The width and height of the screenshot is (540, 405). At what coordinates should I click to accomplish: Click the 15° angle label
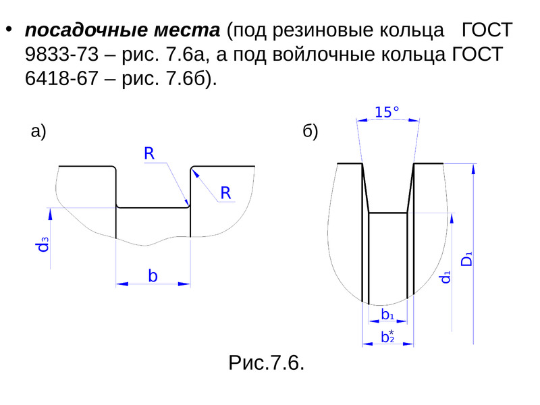pyautogui.click(x=387, y=112)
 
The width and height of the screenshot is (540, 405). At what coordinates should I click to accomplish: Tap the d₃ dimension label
pyautogui.click(x=43, y=244)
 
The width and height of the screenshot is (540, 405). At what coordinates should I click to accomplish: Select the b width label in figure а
pyautogui.click(x=153, y=276)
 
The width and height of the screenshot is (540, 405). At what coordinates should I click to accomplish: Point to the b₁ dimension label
pyautogui.click(x=387, y=314)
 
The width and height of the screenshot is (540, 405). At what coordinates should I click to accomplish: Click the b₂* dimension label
pyautogui.click(x=387, y=336)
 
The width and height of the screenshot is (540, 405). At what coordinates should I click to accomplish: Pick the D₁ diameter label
pyautogui.click(x=466, y=259)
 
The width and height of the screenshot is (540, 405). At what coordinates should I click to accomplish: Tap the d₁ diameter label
pyautogui.click(x=446, y=277)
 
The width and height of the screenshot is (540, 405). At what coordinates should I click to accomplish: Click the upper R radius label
pyautogui.click(x=149, y=153)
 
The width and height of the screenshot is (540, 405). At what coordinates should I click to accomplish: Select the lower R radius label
pyautogui.click(x=225, y=193)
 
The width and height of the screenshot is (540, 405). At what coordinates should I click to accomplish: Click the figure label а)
pyautogui.click(x=38, y=132)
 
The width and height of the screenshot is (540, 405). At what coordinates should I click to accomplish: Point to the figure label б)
pyautogui.click(x=310, y=132)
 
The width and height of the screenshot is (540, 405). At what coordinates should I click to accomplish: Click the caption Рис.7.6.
pyautogui.click(x=266, y=362)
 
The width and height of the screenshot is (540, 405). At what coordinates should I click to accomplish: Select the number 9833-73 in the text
pyautogui.click(x=61, y=55)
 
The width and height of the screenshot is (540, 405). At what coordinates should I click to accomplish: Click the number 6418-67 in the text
pyautogui.click(x=61, y=78)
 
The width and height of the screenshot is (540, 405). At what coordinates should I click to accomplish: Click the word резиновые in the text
pyautogui.click(x=323, y=30)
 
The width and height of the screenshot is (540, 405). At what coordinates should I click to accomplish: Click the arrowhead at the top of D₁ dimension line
pyautogui.click(x=474, y=169)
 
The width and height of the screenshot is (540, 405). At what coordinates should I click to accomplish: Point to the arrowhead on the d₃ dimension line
pyautogui.click(x=50, y=214)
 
